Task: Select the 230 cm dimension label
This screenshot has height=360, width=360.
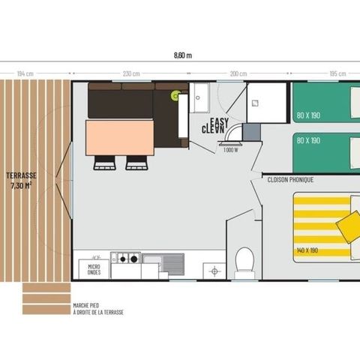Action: [x=131, y=73]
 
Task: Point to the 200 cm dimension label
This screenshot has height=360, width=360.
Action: [x=238, y=73]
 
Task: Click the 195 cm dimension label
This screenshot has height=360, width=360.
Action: [x=337, y=73]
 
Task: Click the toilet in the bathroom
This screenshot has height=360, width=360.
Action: [x=244, y=262]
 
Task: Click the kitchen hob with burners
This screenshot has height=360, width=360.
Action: [x=125, y=259]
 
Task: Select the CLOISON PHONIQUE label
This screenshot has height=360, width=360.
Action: [x=290, y=180]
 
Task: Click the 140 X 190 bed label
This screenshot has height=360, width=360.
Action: [x=308, y=249]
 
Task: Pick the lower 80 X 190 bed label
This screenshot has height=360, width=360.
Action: [x=307, y=140]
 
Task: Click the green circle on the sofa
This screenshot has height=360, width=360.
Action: [x=176, y=95]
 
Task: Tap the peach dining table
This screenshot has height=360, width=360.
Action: [x=120, y=137]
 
